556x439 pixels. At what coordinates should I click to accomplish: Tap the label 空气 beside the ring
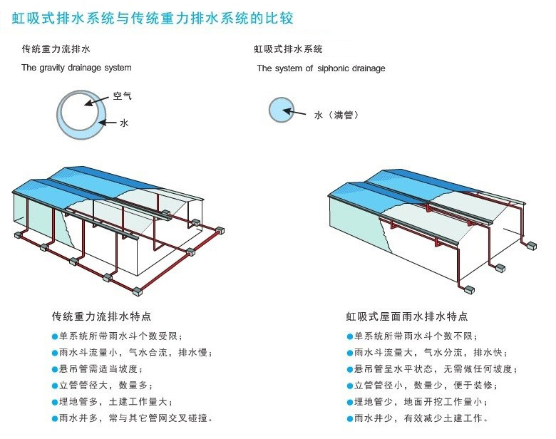pyautogui.click(x=122, y=95)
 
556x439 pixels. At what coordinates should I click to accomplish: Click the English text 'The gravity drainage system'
pyautogui.click(x=76, y=68)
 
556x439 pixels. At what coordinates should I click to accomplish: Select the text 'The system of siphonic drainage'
pyautogui.click(x=321, y=68)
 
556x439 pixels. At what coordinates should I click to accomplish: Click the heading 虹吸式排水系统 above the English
pyautogui.click(x=289, y=49)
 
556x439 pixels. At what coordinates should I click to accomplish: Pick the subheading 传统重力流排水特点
pyautogui.click(x=101, y=316)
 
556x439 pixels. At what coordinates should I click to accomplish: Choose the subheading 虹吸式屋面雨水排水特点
pyautogui.click(x=407, y=316)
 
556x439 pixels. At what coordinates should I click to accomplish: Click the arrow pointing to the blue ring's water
pyautogui.click(x=106, y=123)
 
